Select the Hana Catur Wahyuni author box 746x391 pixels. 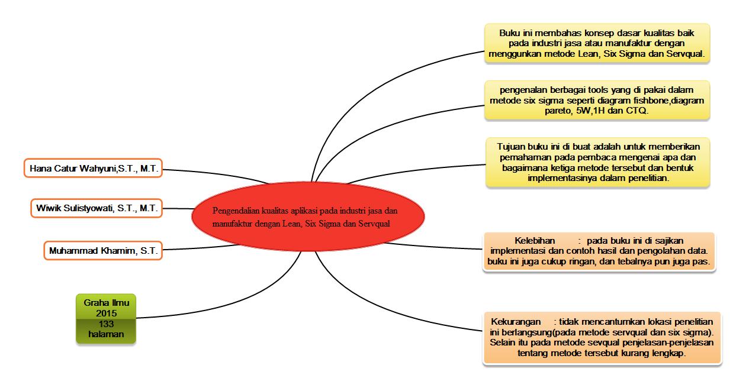(x=94, y=169)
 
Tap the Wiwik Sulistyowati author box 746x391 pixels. (x=97, y=208)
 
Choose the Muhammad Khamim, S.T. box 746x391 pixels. (x=103, y=250)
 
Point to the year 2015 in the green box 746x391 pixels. (x=107, y=312)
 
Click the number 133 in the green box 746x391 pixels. (x=107, y=324)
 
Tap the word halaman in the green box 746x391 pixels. (x=107, y=334)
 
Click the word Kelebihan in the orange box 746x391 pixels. (x=535, y=240)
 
